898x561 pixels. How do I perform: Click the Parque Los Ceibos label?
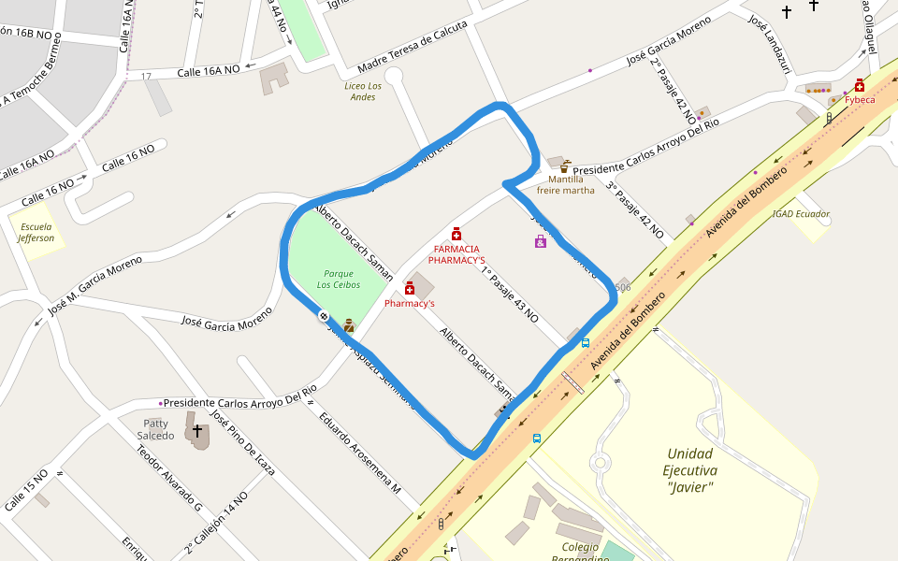[x=338, y=279]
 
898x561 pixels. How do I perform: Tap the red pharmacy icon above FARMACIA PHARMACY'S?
[x=456, y=234]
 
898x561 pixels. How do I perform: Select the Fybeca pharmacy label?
[x=861, y=99]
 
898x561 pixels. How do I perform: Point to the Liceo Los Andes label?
[x=361, y=91]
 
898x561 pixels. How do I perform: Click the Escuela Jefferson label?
[x=36, y=232]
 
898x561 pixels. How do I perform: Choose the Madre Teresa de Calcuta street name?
[x=412, y=51]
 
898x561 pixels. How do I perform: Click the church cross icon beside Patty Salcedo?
[x=197, y=432]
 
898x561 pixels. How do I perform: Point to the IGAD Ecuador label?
[x=801, y=213]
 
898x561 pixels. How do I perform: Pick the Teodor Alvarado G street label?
[x=169, y=477]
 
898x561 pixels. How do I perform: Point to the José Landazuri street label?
[x=771, y=41]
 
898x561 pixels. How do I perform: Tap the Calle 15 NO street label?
[x=25, y=490]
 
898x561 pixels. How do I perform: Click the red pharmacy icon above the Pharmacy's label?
[x=410, y=289]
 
